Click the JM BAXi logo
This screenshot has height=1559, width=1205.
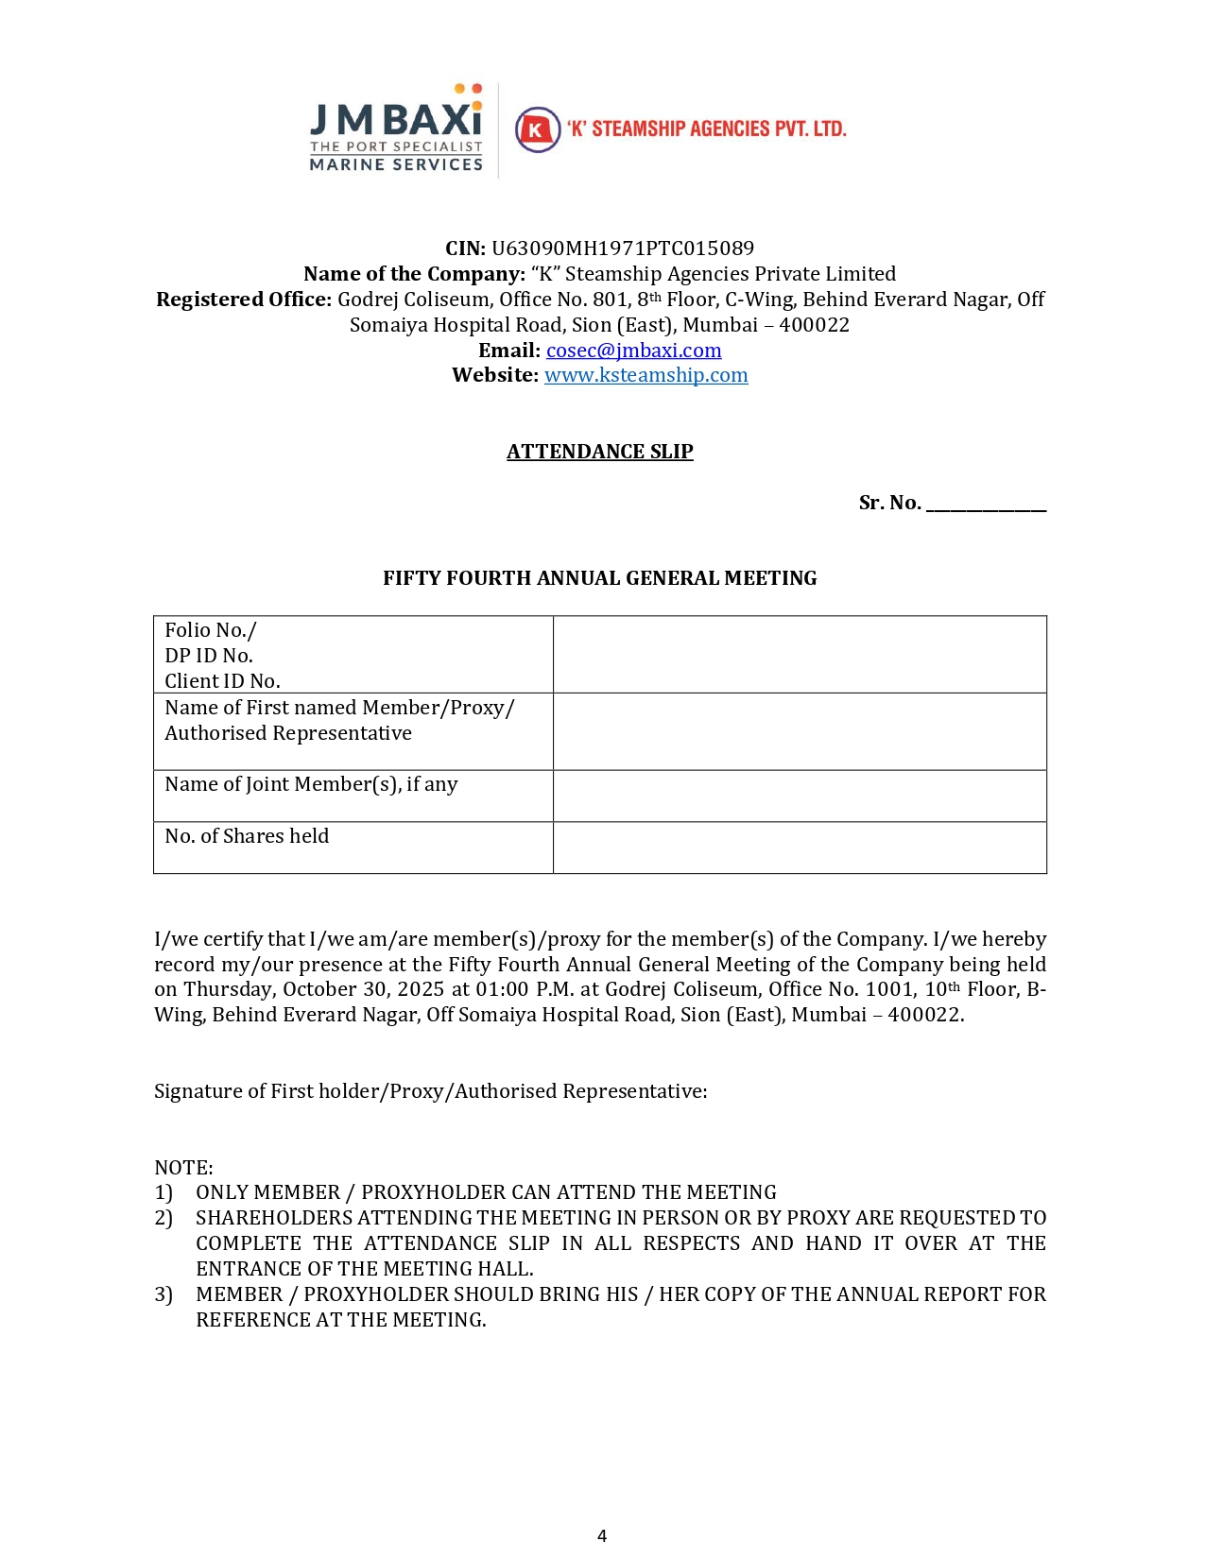click(x=396, y=128)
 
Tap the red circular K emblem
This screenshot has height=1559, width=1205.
click(x=538, y=129)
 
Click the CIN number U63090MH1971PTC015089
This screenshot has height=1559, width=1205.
click(x=623, y=248)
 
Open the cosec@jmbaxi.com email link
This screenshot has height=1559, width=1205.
click(x=633, y=351)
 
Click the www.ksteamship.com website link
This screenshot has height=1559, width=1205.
click(x=646, y=375)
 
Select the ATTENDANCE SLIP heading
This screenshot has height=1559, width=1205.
click(x=599, y=452)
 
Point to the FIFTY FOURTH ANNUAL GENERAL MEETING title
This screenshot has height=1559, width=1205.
click(x=599, y=578)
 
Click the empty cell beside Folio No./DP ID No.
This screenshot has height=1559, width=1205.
click(x=800, y=655)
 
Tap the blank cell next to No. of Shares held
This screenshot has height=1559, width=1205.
click(x=800, y=848)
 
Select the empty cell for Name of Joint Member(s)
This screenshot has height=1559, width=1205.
click(x=800, y=796)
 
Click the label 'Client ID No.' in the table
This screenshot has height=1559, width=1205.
click(x=222, y=681)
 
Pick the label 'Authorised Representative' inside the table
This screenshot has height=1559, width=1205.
click(x=288, y=733)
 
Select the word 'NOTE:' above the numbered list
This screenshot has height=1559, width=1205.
click(x=183, y=1168)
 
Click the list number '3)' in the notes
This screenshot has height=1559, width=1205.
click(x=164, y=1294)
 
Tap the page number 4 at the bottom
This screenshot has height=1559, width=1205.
click(x=602, y=1535)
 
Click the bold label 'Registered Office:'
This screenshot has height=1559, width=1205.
click(x=244, y=300)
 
